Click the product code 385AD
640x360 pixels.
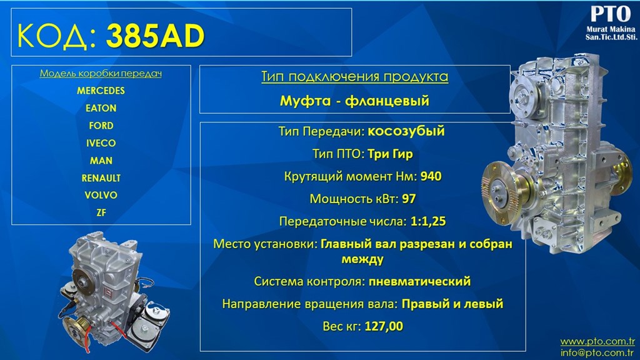pos(155,36)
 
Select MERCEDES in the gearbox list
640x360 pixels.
pos(101,91)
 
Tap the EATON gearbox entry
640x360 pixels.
pos(101,108)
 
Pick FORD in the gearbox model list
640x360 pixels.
pos(101,126)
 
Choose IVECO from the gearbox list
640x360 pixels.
pos(101,143)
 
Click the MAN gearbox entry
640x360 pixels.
pos(101,161)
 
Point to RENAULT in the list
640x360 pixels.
pos(101,178)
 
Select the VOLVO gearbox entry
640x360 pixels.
pos(101,196)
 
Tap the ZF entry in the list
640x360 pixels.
pos(101,212)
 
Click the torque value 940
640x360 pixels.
pos(431,176)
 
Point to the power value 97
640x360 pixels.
pos(409,199)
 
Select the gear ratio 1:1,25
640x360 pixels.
pos(427,222)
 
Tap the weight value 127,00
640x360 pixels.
pos(384,326)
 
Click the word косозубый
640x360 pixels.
pos(406,131)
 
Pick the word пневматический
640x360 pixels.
pos(419,282)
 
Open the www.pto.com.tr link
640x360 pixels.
pos(597,341)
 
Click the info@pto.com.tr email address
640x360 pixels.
pos(597,352)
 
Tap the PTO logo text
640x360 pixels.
pos(611,14)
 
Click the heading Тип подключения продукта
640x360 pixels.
pos(355,77)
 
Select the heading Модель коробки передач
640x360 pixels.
pos(101,74)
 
